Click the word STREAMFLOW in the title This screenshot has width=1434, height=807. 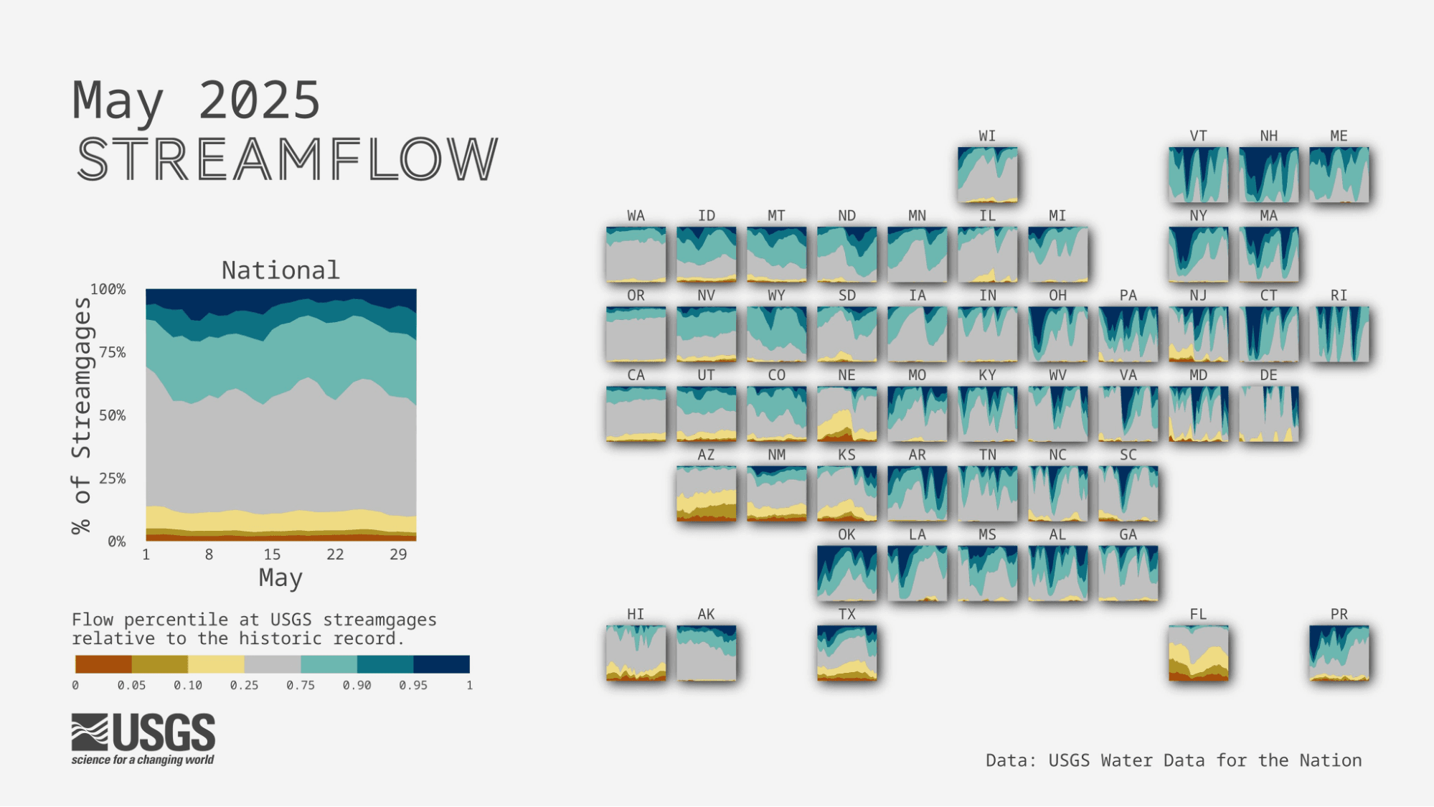pos(287,159)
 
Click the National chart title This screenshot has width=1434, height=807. pos(280,270)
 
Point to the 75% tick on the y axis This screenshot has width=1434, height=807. pos(112,352)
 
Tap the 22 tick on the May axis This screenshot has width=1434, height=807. pos(335,554)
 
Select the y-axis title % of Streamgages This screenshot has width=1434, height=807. pos(81,416)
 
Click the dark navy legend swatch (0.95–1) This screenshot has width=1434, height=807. pos(441,664)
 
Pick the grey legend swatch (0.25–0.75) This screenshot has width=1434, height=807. pos(272,664)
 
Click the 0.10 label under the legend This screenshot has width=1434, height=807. pos(188,686)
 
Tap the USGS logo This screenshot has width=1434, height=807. pos(143,739)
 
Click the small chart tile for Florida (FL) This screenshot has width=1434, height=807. pos(1198,653)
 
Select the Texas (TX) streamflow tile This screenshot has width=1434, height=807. pos(846,653)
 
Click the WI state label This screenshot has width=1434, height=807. pos(987,136)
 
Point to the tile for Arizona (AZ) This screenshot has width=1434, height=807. pos(706,494)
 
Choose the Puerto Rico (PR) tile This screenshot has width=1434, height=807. pos(1339,653)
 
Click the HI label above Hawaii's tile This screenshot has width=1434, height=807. pos(636,615)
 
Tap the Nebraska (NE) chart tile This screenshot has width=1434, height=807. pos(846,414)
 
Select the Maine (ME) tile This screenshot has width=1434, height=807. pos(1339,175)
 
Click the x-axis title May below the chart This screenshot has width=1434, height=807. pos(280,578)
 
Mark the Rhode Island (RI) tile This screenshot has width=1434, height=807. pos(1339,334)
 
